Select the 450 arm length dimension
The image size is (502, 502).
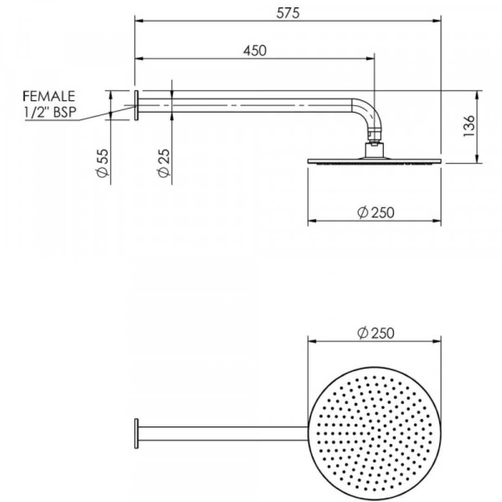coord(255,51)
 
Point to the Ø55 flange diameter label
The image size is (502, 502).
coord(103,163)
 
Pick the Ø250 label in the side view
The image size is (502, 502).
coord(376,212)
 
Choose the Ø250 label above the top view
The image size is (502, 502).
coord(376,333)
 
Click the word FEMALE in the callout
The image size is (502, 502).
coord(49,96)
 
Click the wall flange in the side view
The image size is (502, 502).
coord(136,106)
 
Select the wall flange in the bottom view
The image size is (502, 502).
coord(136,433)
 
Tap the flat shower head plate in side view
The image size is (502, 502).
coord(374,161)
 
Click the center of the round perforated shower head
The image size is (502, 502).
coord(374,433)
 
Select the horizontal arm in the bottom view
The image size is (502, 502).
coord(223,433)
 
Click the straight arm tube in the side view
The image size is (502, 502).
coord(242,106)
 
